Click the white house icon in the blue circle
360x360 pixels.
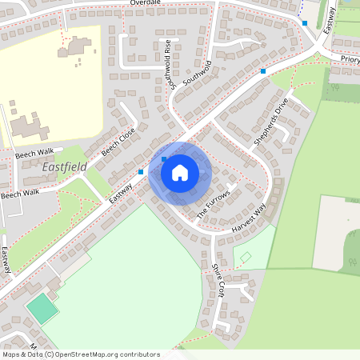(x=180, y=171)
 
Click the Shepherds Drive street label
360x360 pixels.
(x=270, y=121)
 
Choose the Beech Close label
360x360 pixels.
(x=118, y=144)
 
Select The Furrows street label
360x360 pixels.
(x=214, y=203)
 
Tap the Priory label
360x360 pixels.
(x=350, y=59)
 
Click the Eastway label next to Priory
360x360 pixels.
(x=328, y=20)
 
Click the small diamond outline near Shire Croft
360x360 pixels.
(x=246, y=257)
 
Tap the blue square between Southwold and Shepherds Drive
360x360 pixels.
(x=262, y=72)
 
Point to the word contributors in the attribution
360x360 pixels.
(x=138, y=354)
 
